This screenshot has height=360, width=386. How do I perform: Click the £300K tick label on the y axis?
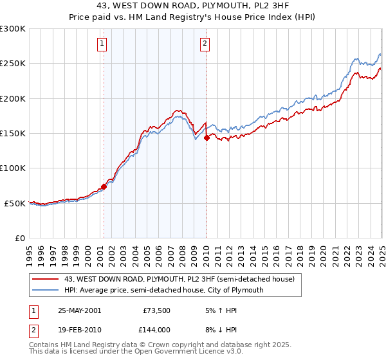[x=13, y=29]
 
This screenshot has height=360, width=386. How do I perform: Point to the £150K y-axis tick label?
[x=13, y=134]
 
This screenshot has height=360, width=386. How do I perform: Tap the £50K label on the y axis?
[x=15, y=203]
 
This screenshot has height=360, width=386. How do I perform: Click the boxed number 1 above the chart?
[x=103, y=44]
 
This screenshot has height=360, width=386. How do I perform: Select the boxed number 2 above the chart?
[x=205, y=44]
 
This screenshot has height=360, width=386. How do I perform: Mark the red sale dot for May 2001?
[x=104, y=187]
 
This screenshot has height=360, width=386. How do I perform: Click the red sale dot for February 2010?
[x=207, y=138]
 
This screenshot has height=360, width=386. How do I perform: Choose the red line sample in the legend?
[x=46, y=280]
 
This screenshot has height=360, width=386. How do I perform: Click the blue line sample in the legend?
[x=46, y=290]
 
